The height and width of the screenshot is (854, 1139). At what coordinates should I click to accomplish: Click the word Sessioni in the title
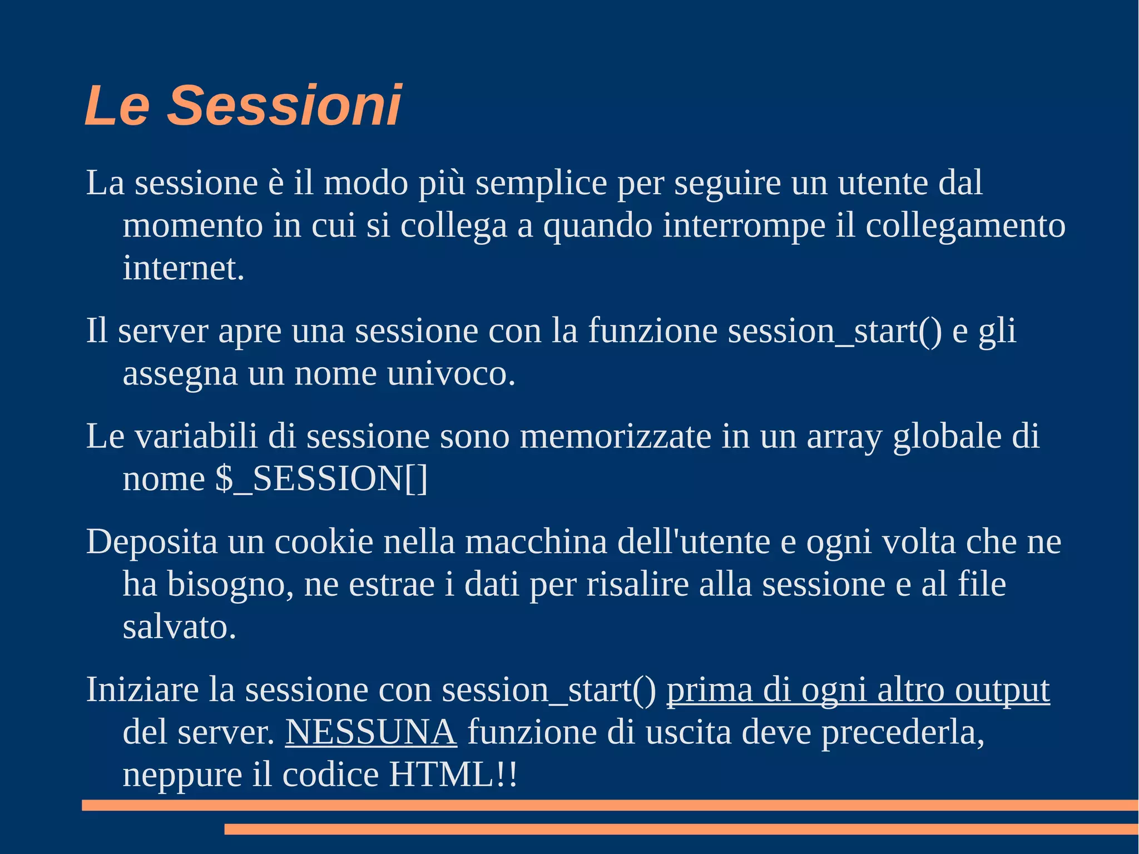(284, 105)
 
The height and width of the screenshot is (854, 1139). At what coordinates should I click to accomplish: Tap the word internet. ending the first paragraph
(184, 268)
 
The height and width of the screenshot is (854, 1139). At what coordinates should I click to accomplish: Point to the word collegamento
(965, 226)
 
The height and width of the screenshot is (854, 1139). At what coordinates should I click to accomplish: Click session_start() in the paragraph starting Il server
(835, 331)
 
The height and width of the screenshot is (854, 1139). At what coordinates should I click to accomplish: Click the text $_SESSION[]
(322, 479)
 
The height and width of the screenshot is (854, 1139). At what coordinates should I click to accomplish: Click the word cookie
(324, 542)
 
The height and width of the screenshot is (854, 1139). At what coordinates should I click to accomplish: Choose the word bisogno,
(230, 585)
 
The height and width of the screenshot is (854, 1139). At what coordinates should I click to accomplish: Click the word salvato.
(179, 628)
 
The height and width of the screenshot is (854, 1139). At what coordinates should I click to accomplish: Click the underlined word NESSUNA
(371, 732)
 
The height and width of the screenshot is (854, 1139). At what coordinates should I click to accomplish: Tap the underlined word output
(1002, 690)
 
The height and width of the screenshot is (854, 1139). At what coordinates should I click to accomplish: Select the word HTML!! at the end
(453, 774)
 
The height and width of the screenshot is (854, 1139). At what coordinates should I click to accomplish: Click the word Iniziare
(142, 690)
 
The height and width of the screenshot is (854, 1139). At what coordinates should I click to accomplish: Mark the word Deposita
(152, 542)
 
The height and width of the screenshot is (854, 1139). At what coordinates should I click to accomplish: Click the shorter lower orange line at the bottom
(681, 829)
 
